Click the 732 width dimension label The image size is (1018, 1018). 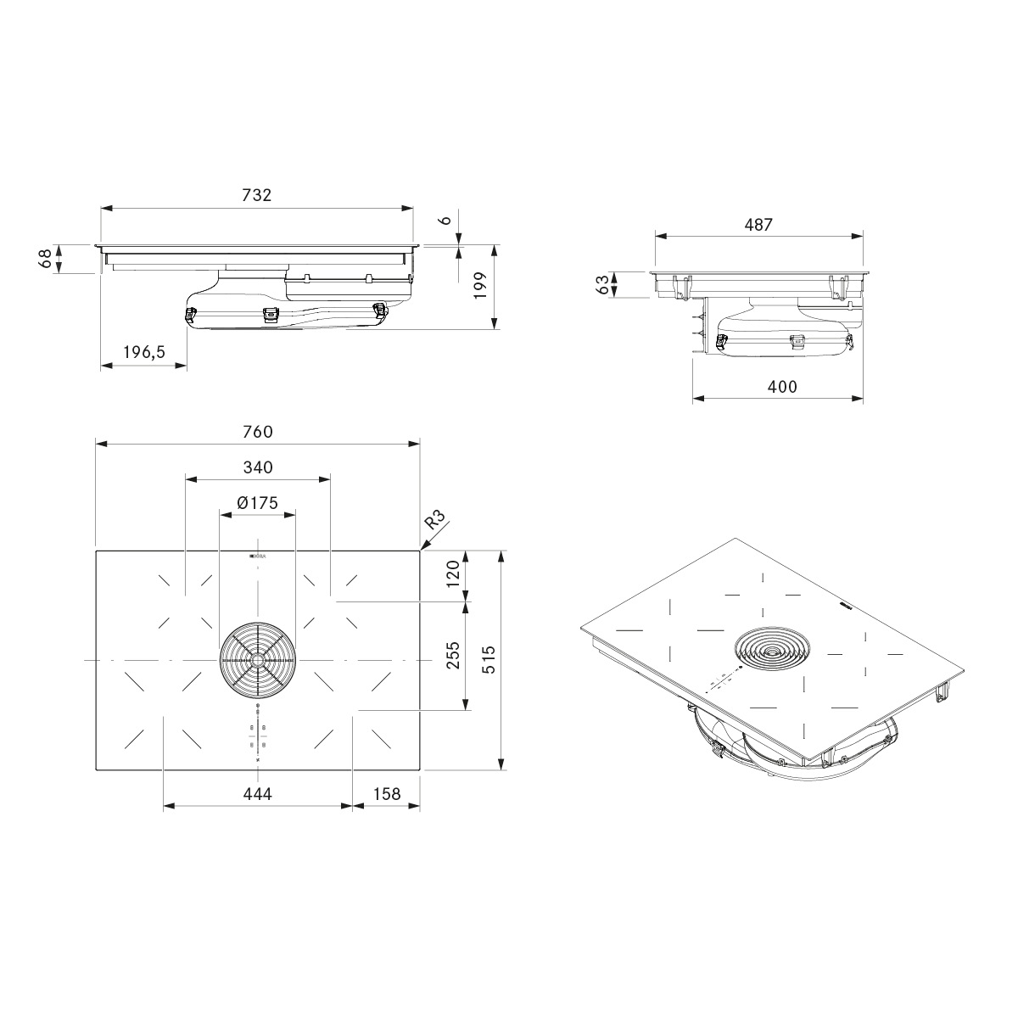coord(256,194)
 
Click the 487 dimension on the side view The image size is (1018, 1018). coord(758,225)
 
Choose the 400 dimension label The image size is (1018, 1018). coord(781,386)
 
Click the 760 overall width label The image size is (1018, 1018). coord(256,432)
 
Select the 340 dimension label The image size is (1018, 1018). coord(257,467)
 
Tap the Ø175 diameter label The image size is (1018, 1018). coord(257,503)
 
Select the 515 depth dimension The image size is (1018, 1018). coord(488,660)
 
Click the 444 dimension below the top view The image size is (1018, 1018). coord(257,794)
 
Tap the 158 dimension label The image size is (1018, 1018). coord(387,794)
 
